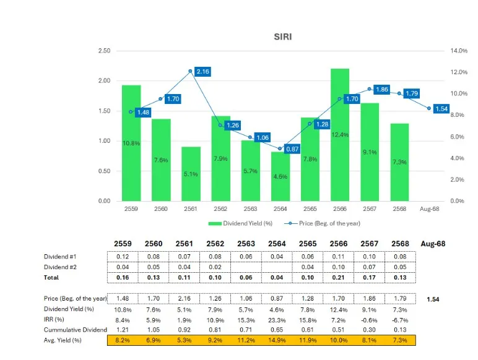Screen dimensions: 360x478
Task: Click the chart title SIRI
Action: [x=282, y=36]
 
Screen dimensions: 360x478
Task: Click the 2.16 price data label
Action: [x=202, y=72]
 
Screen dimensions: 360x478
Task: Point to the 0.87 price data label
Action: [x=292, y=149]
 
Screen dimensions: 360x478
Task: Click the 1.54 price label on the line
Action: [x=441, y=109]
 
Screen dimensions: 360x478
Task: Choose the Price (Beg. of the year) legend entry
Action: [x=323, y=223]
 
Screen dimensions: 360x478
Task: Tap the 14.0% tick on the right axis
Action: [x=458, y=51]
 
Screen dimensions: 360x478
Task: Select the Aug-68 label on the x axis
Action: [x=428, y=209]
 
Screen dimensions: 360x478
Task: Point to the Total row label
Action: [x=51, y=278]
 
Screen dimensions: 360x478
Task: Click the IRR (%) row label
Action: [x=55, y=320]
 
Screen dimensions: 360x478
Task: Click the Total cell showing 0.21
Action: [x=339, y=278]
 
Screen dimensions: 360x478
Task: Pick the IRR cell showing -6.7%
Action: [x=399, y=320]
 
